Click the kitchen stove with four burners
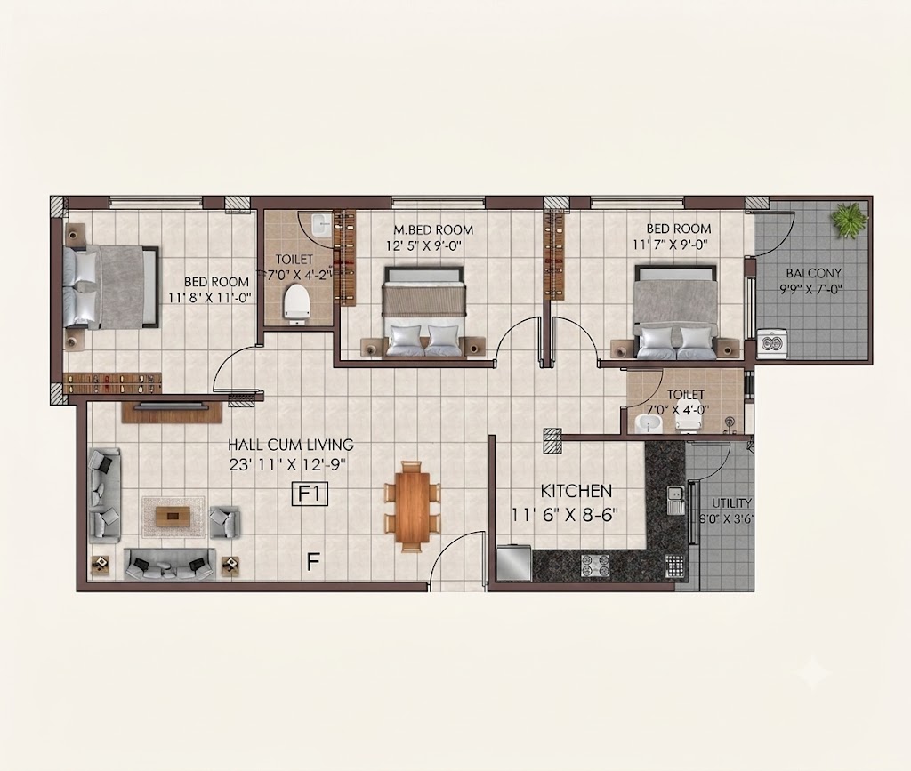pyautogui.click(x=595, y=566)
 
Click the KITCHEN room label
pyautogui.click(x=576, y=491)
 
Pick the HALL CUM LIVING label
pyautogui.click(x=291, y=445)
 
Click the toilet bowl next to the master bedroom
pyautogui.click(x=296, y=301)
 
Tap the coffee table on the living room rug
pyautogui.click(x=173, y=514)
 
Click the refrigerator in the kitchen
pyautogui.click(x=513, y=562)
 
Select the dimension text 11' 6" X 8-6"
pyautogui.click(x=565, y=515)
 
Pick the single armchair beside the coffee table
pyautogui.click(x=224, y=521)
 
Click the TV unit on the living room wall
pyautogui.click(x=172, y=411)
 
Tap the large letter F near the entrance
pyautogui.click(x=313, y=561)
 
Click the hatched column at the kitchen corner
pyautogui.click(x=552, y=441)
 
